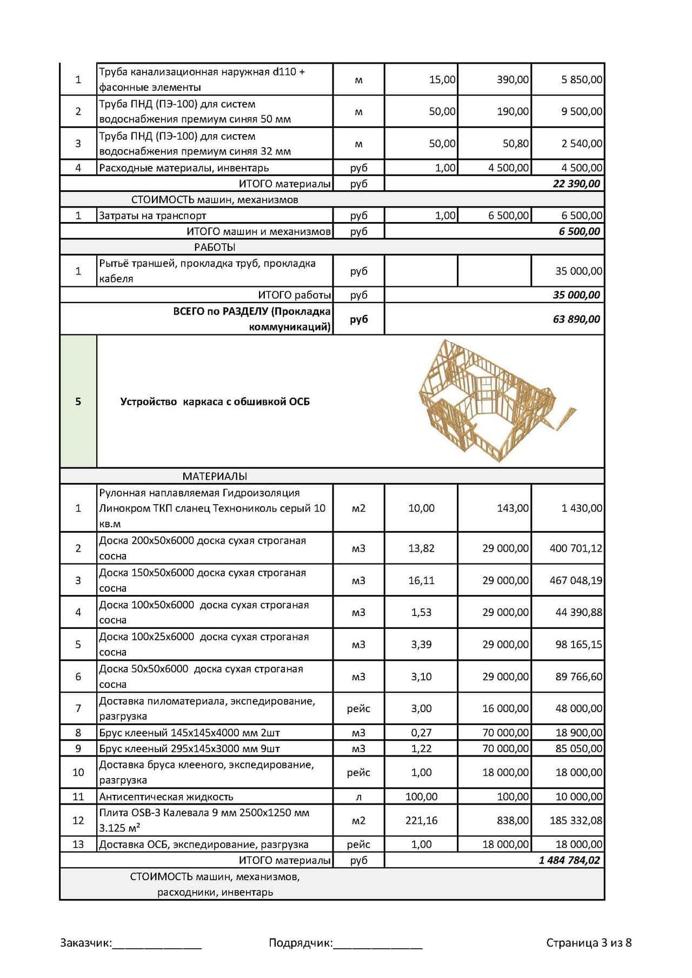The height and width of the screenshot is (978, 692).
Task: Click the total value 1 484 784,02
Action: (569, 860)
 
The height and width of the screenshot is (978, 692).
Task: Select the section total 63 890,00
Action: (576, 319)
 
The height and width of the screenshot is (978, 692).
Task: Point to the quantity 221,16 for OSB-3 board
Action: (421, 820)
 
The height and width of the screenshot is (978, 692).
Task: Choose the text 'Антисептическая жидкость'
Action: (166, 796)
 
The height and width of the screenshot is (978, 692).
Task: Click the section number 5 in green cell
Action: (78, 401)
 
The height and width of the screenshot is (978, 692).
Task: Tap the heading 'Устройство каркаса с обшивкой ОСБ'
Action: (215, 401)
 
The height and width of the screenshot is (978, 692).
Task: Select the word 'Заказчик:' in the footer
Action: (86, 943)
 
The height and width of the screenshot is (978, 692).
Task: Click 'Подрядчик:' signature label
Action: (301, 943)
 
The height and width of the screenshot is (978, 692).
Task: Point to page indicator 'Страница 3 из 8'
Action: (589, 943)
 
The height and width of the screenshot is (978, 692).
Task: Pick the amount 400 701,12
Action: (576, 548)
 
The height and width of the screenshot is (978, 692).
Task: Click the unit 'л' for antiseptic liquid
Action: (358, 796)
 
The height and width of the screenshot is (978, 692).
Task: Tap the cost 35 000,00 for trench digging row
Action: (578, 271)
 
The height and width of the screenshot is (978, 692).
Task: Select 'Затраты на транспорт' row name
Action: (152, 216)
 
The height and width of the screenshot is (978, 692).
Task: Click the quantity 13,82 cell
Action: (421, 548)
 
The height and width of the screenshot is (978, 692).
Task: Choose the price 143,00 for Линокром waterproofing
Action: (513, 508)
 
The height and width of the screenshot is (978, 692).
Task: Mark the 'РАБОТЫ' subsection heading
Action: (215, 247)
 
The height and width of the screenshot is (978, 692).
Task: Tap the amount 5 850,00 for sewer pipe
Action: (581, 79)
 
